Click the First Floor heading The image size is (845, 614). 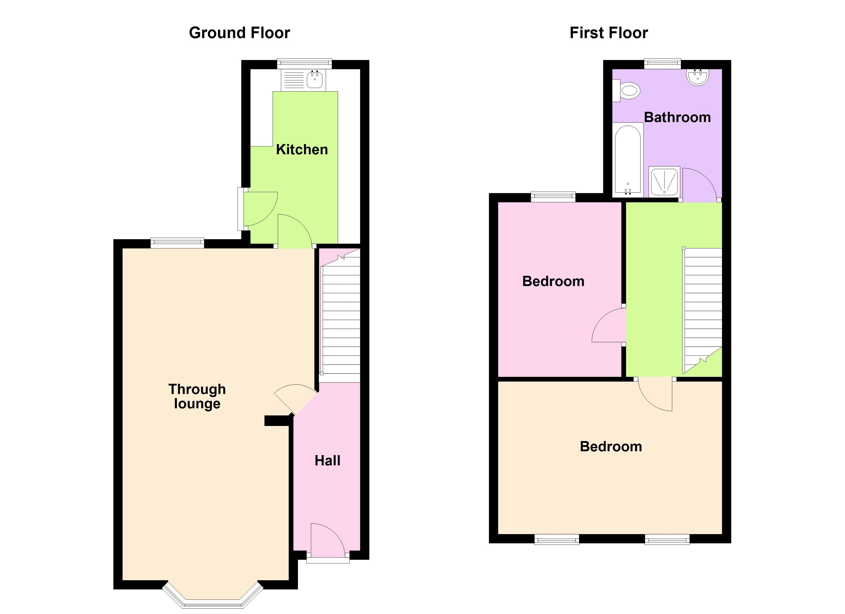(x=609, y=33)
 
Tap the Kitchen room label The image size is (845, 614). (x=302, y=150)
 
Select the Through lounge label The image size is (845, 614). (x=197, y=396)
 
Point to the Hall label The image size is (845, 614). (x=328, y=461)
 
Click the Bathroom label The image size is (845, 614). (x=677, y=117)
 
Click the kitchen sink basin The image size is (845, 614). (x=315, y=79)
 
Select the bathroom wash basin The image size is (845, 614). (x=697, y=77)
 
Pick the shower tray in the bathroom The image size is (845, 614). (x=664, y=182)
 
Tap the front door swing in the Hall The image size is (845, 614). (x=326, y=539)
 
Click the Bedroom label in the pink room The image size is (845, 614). (x=553, y=281)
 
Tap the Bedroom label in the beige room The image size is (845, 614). (x=611, y=446)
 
